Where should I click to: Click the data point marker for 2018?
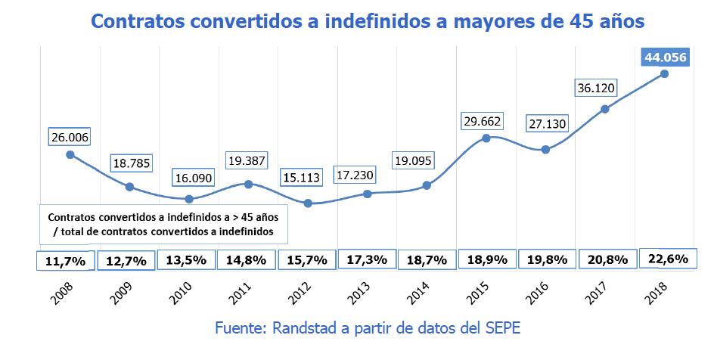coord(664,73)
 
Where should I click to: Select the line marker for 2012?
coord(308,203)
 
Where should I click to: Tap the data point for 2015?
coord(486,138)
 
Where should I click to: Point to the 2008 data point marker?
coord(70,154)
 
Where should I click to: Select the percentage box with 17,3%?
coord(367,259)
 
